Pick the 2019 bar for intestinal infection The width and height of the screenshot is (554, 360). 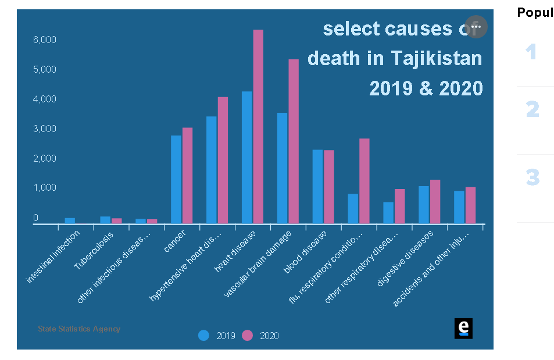pos(70,220)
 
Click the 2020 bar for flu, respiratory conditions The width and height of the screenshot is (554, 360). pos(364,181)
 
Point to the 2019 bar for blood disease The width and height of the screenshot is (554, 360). pos(317,187)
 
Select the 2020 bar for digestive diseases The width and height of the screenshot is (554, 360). pos(435,201)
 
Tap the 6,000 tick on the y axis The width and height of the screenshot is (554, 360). pos(44,40)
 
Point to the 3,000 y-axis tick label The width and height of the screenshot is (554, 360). pos(44,129)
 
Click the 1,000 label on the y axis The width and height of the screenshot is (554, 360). pos(44,188)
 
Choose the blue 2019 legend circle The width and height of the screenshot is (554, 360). pos(203,336)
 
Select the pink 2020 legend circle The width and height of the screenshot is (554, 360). pos(248,336)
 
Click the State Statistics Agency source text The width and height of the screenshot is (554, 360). pos(79,329)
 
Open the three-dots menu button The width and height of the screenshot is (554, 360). pos(476,27)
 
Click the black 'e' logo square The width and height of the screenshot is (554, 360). pos(463,328)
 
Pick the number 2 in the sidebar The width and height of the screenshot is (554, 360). pos(532,109)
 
